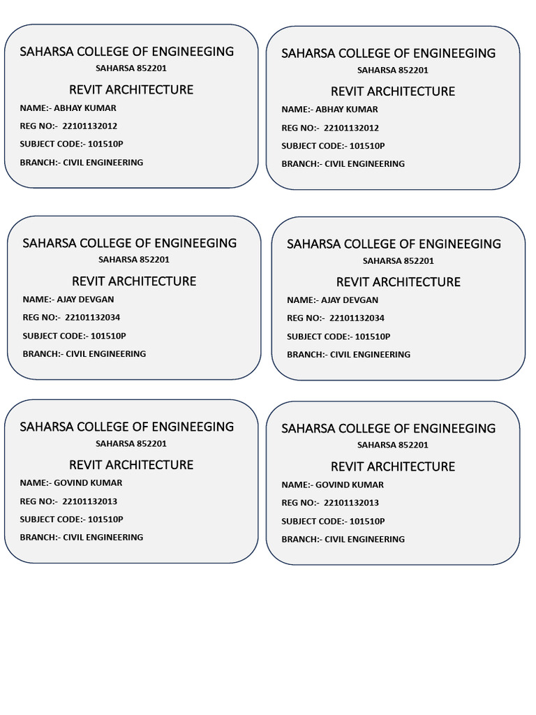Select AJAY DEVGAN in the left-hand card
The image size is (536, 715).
point(85,300)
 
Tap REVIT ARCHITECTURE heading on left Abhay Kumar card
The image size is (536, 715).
point(131,89)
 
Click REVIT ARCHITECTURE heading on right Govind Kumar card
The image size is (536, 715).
point(393,466)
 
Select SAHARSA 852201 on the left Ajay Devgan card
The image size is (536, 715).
point(134,260)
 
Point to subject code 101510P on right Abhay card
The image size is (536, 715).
point(367,146)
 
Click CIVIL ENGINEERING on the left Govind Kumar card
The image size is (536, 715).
point(103,537)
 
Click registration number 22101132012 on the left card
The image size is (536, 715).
point(90,126)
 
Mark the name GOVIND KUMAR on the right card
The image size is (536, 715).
point(350,485)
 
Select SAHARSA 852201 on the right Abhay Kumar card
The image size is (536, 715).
point(393,71)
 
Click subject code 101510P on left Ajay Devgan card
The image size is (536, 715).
point(108,336)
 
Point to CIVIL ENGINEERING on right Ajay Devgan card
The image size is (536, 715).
point(371,355)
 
